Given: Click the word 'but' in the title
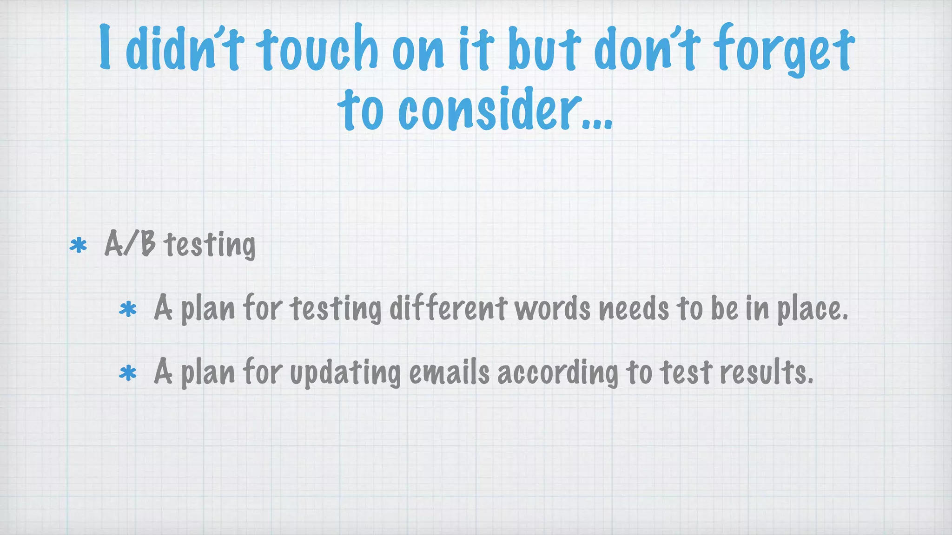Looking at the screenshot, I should coord(544,48).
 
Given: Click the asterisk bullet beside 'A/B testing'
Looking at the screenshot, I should coord(78,245).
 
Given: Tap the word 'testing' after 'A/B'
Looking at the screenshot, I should coord(210,245).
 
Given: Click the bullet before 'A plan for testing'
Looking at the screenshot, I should coord(128,309).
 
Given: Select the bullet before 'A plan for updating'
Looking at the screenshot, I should coord(128,373).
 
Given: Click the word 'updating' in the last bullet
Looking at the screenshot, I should coord(345,373).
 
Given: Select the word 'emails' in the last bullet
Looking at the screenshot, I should coord(450,372).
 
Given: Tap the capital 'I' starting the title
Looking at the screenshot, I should coord(106,47).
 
